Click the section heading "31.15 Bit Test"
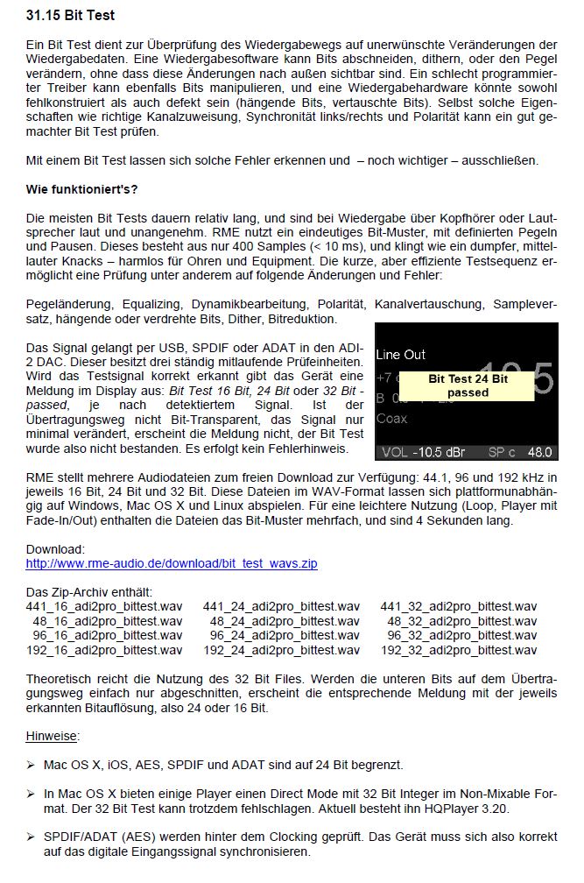70,16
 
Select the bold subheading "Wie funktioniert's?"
81,189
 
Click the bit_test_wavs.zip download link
172,563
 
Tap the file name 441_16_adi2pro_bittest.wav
105,606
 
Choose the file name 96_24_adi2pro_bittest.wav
284,635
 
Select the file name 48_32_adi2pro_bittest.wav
461,621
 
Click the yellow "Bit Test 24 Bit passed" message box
467,386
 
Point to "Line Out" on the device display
401,355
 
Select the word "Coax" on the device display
392,419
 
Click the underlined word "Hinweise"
53,736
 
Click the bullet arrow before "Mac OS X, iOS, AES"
31,766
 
